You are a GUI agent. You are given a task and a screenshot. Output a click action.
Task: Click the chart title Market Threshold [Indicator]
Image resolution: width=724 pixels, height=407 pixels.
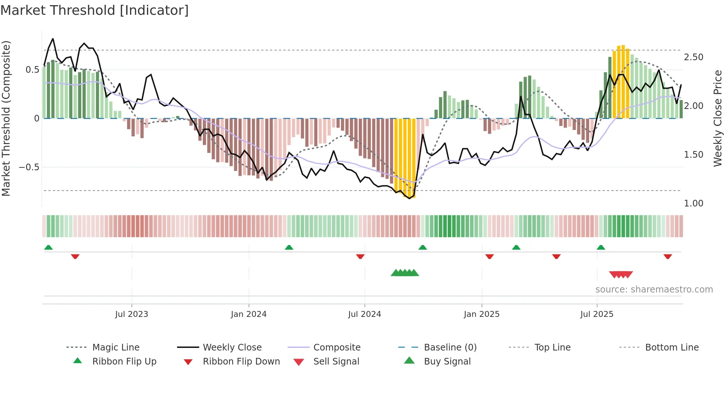[95, 10]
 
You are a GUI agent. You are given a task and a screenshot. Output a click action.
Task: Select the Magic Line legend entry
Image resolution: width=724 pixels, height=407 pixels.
[116, 348]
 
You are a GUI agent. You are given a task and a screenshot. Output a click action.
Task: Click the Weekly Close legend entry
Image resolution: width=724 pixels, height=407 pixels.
[232, 348]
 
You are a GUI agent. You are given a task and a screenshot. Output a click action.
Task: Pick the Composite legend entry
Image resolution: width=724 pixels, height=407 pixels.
[337, 348]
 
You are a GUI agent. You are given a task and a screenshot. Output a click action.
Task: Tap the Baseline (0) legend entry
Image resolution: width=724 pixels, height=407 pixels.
[450, 348]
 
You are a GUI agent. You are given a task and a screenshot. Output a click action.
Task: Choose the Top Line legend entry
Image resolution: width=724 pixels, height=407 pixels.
[552, 348]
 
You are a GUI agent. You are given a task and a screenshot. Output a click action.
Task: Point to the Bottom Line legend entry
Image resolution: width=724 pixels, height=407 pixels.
[672, 348]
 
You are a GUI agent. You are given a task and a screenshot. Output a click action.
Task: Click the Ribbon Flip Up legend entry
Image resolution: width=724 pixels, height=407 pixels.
[124, 362]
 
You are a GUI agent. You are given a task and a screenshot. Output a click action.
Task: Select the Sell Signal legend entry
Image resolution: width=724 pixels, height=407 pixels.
[336, 362]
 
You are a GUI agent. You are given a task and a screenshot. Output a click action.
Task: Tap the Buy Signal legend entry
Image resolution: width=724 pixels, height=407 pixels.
[447, 362]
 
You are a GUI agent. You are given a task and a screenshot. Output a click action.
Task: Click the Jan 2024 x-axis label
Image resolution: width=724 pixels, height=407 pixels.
[249, 314]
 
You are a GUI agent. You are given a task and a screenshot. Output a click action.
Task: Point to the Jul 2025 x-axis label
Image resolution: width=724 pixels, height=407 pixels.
[597, 314]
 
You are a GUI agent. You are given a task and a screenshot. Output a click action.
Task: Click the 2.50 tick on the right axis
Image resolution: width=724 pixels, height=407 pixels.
[693, 57]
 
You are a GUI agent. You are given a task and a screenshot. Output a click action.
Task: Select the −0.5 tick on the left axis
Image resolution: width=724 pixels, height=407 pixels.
[29, 167]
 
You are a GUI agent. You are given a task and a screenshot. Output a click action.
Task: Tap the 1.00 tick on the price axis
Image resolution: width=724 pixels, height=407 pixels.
[693, 203]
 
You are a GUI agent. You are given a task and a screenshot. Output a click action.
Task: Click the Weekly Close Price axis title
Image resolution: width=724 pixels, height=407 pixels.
[717, 118]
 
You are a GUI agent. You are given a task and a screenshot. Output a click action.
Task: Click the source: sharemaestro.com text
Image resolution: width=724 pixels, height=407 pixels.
[654, 290]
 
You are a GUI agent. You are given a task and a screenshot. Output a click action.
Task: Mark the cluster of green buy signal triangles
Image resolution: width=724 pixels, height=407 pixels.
[405, 273]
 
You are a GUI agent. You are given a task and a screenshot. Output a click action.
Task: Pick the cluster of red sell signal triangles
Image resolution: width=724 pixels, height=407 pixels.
[621, 274]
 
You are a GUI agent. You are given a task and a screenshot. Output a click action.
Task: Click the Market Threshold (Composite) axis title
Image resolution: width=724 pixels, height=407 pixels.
[6, 118]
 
